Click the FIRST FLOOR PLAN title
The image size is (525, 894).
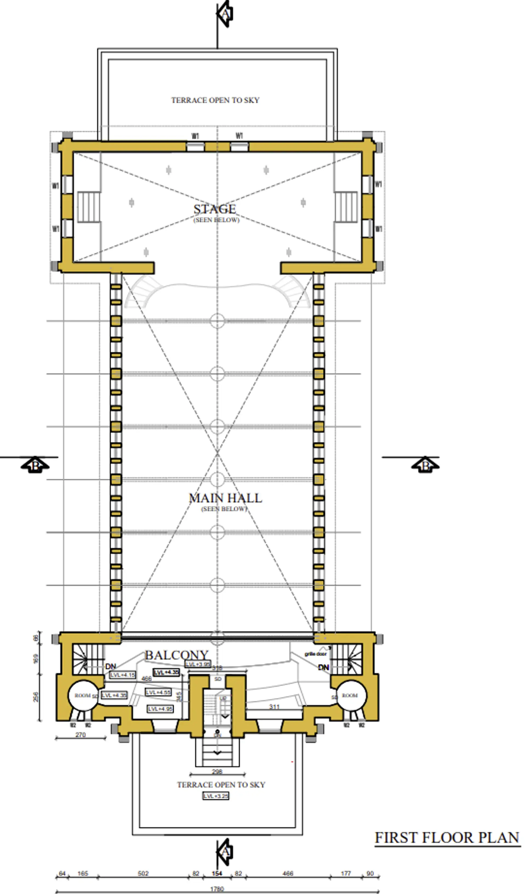(447, 838)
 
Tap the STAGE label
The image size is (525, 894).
(215, 209)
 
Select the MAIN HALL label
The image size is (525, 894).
(225, 498)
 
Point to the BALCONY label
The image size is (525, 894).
(176, 655)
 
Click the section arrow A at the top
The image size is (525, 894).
(225, 13)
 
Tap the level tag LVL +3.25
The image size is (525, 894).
(215, 796)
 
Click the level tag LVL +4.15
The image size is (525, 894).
(122, 675)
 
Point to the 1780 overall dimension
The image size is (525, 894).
(217, 889)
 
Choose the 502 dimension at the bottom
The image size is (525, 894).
(143, 874)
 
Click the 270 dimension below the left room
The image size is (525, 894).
(81, 735)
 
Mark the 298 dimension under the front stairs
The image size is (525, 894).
(217, 772)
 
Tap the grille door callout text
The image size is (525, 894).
(316, 654)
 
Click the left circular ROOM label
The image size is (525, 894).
(82, 696)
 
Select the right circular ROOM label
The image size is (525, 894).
(350, 695)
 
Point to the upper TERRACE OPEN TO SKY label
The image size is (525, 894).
(215, 100)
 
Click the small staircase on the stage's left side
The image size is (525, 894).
(88, 207)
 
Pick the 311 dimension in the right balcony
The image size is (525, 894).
(274, 707)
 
